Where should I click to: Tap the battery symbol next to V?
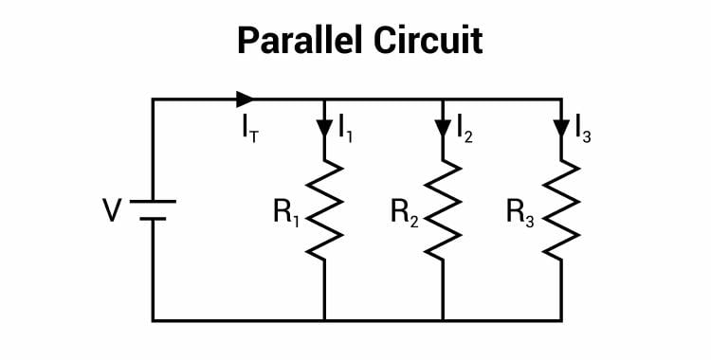pyautogui.click(x=152, y=209)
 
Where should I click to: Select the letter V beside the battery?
pyautogui.click(x=113, y=210)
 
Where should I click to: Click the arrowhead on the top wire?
pyautogui.click(x=246, y=99)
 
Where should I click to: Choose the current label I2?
pyautogui.click(x=465, y=127)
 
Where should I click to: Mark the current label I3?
pyautogui.click(x=583, y=128)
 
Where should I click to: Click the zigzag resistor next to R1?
pyautogui.click(x=324, y=209)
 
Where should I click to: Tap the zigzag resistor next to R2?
pyautogui.click(x=442, y=209)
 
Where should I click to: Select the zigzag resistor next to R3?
pyautogui.click(x=560, y=209)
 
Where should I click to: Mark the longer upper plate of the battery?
pyautogui.click(x=152, y=201)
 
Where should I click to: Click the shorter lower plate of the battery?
pyautogui.click(x=152, y=218)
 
